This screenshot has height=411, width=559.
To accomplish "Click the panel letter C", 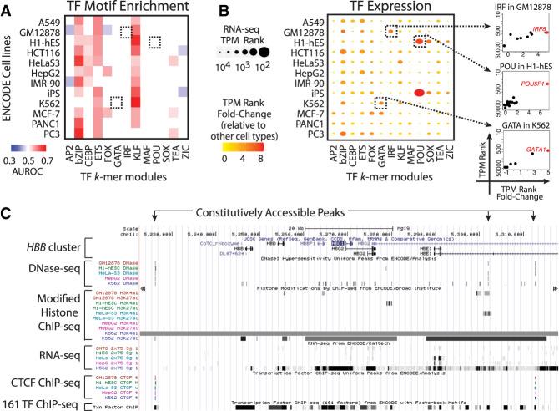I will click(7, 211).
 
